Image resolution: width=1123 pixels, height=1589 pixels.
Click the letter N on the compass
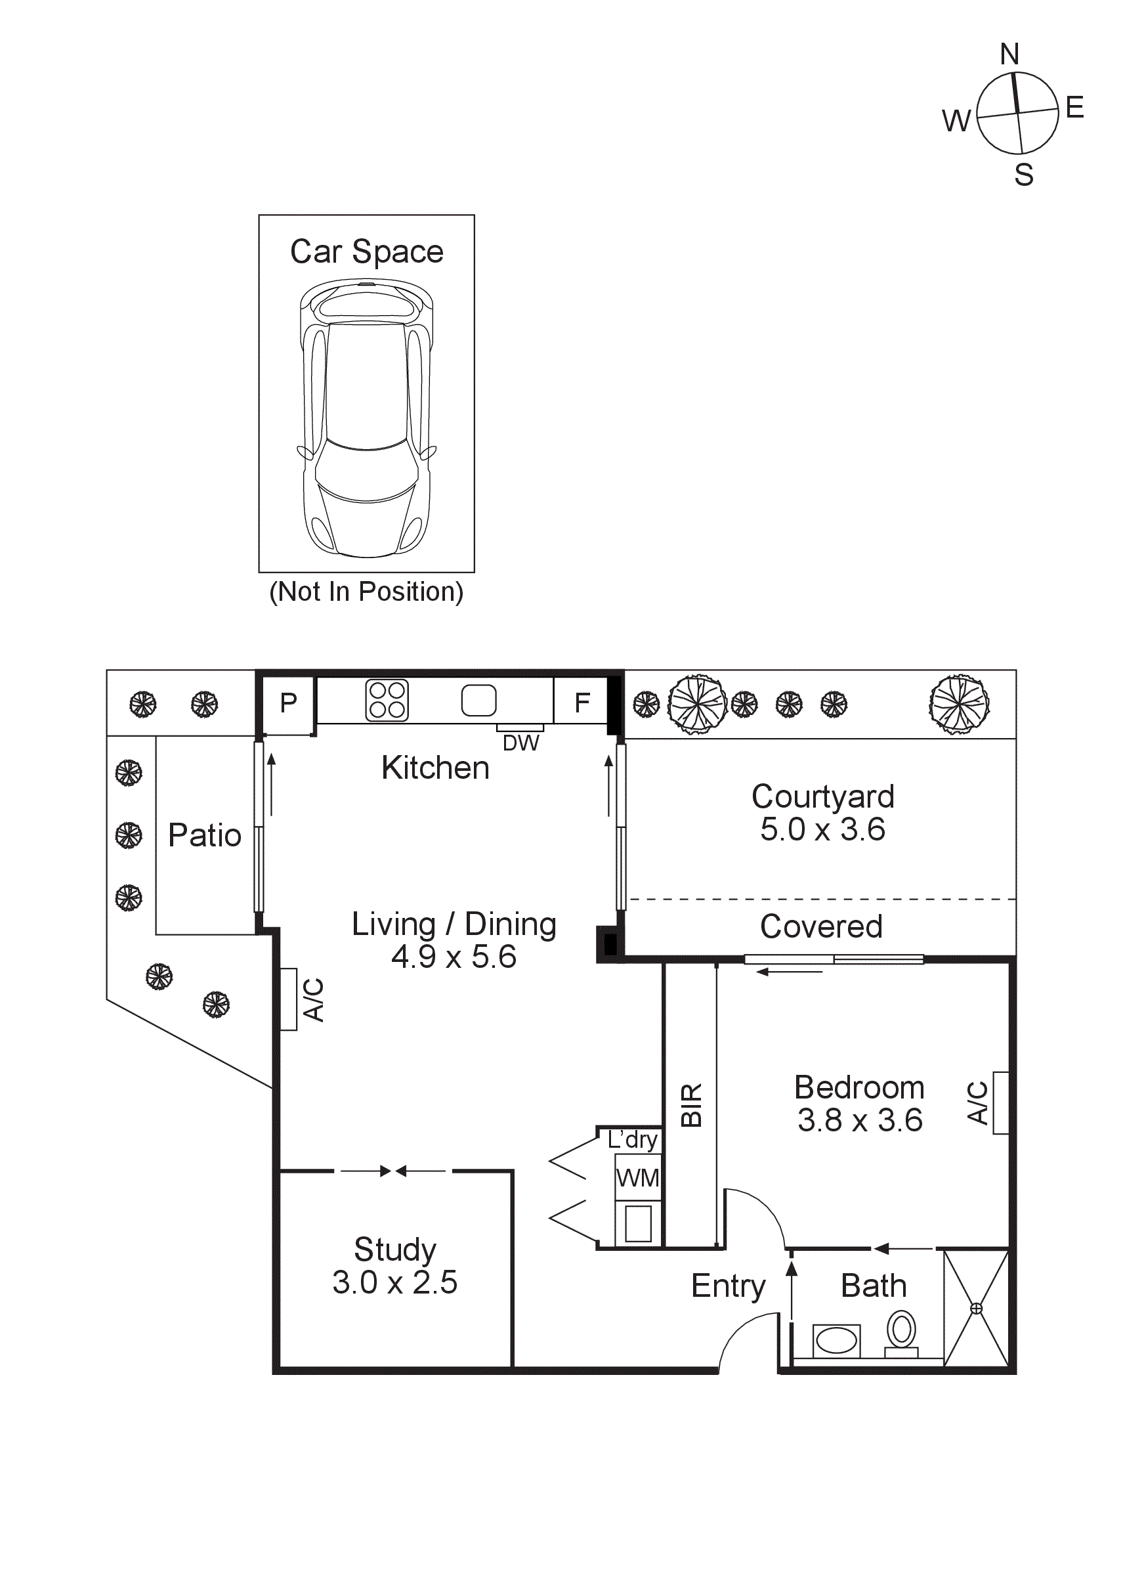pos(1009,54)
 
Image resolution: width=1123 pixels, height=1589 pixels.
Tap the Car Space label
pos(367,252)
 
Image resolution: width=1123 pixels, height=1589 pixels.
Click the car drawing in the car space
pos(367,418)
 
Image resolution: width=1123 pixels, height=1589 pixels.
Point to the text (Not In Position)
pos(367,592)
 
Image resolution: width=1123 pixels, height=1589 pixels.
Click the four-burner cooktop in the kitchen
pos(387,701)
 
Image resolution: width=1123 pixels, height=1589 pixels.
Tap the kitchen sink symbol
pos(479,701)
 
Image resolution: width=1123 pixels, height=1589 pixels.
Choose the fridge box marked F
pos(582,702)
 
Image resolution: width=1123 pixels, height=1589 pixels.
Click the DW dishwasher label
pos(521,743)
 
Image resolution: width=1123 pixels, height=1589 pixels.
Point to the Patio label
pos(205,835)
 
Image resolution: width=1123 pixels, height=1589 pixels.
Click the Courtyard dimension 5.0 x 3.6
pos(822,829)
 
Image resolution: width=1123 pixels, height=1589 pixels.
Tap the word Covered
pos(821,926)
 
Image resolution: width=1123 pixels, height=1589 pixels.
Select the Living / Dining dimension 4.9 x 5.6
pos(454,957)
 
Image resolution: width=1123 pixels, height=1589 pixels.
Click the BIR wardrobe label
pos(691,1105)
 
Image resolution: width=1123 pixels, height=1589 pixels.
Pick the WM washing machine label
pos(638,1178)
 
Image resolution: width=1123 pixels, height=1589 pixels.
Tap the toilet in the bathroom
pos(902,1334)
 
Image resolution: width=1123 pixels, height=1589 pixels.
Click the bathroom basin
pos(837,1341)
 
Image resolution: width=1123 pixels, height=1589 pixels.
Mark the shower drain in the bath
pos(977,1309)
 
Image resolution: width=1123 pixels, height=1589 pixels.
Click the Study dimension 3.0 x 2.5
pos(395,1282)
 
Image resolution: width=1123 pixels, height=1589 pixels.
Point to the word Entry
pos(729,1287)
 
